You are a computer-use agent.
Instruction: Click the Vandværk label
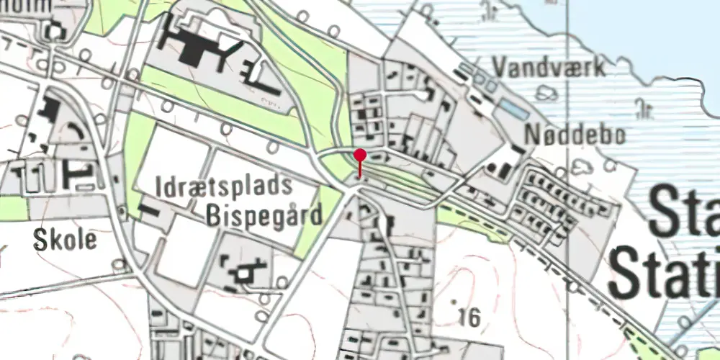coord(549,67)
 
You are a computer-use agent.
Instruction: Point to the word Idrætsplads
coord(224,186)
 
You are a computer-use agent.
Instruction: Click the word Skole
coord(64,240)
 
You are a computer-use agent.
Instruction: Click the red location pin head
coord(360,154)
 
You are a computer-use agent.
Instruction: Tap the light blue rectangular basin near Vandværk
coord(513,110)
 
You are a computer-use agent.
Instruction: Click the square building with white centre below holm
coord(55,30)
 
